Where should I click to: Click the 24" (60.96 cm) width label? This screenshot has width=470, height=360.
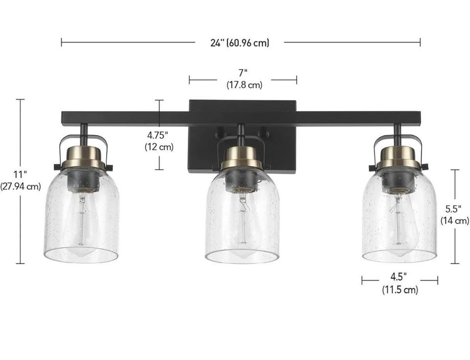240,43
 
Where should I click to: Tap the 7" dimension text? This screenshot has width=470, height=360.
243,73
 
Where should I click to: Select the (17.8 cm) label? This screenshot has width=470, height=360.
244,85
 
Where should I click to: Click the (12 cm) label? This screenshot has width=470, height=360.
159,147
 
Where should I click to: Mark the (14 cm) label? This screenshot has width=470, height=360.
455,221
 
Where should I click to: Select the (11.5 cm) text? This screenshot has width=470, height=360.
400,290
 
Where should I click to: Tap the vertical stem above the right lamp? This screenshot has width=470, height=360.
397,135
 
